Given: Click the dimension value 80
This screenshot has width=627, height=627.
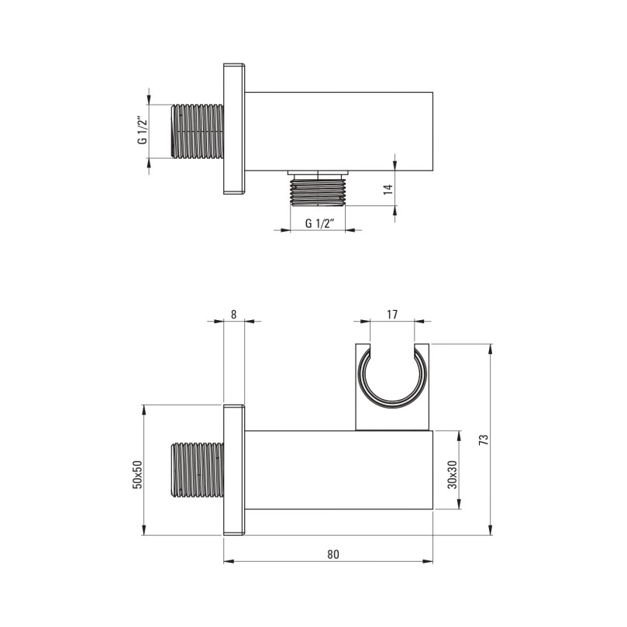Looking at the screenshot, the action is click(333, 554).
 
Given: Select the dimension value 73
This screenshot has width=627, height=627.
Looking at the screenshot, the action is click(484, 439).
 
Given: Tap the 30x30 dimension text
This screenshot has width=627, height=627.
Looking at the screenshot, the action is click(453, 474).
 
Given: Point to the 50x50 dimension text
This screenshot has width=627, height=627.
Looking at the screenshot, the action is click(137, 474).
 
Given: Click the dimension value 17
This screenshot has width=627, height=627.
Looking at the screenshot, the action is click(392, 315).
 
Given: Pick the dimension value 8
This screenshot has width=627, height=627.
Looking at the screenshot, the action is click(234, 315).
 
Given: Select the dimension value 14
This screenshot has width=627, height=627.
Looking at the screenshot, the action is click(388, 189).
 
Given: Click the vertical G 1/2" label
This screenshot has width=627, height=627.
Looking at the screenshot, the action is click(142, 130).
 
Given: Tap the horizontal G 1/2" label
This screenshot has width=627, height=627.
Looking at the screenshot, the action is click(319, 223).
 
